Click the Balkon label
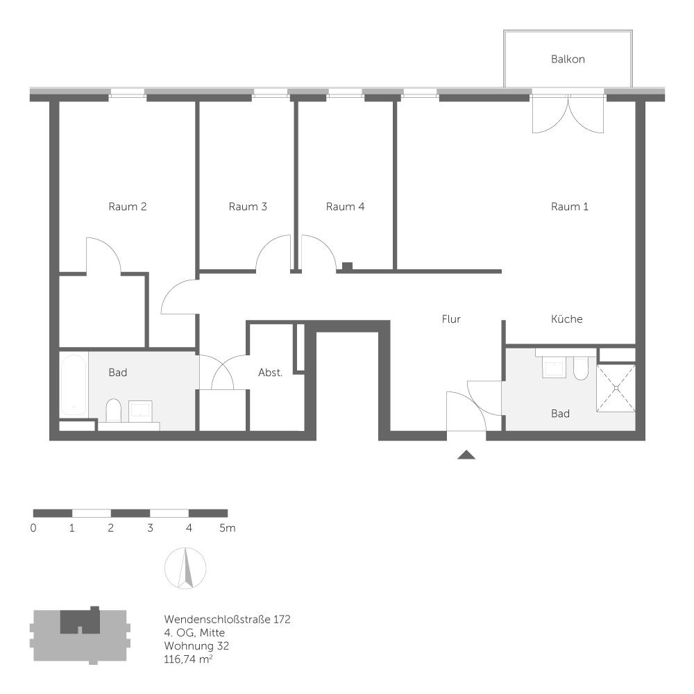coord(568,59)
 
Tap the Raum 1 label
coord(569,206)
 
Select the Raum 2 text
coord(127,206)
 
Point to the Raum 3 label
coord(248,206)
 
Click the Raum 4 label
coord(345,206)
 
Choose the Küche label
coord(566,319)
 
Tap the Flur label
coord(451,319)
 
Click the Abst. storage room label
coord(270,373)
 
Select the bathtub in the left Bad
coord(73,384)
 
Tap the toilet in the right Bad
coord(581,368)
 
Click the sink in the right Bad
coord(555,367)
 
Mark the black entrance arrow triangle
coord(466,455)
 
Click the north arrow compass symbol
coord(185,568)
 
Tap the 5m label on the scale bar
coord(227,528)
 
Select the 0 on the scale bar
coord(33,528)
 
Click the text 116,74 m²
coord(188,658)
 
